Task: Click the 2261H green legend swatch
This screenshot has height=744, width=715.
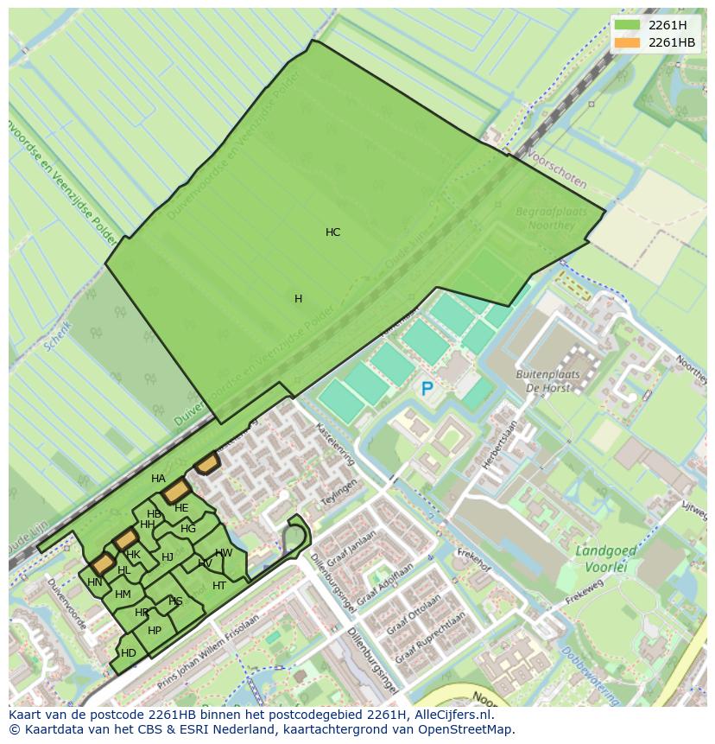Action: pyautogui.click(x=628, y=25)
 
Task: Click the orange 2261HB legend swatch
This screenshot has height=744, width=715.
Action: pyautogui.click(x=628, y=42)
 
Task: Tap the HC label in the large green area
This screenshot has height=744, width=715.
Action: pyautogui.click(x=332, y=232)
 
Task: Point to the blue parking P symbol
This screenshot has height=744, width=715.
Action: pyautogui.click(x=427, y=390)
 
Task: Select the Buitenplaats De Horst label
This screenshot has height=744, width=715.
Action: pyautogui.click(x=547, y=381)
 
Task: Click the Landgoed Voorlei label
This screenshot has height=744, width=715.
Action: pyautogui.click(x=605, y=557)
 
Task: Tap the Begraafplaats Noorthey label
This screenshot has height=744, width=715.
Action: pyautogui.click(x=551, y=219)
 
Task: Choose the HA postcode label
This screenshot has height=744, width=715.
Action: pyautogui.click(x=158, y=479)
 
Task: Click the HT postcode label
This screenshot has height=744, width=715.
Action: pyautogui.click(x=219, y=586)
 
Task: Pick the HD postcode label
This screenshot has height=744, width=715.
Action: pyautogui.click(x=129, y=653)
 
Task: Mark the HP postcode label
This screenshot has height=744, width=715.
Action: pyautogui.click(x=155, y=631)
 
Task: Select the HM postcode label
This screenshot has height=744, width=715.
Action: pyautogui.click(x=123, y=595)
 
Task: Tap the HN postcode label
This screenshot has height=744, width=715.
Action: pyautogui.click(x=95, y=582)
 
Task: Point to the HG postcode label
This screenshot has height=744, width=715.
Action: pyautogui.click(x=188, y=529)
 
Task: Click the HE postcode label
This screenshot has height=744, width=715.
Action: pyautogui.click(x=181, y=508)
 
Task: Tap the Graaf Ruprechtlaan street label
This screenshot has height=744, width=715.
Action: pyautogui.click(x=430, y=639)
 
